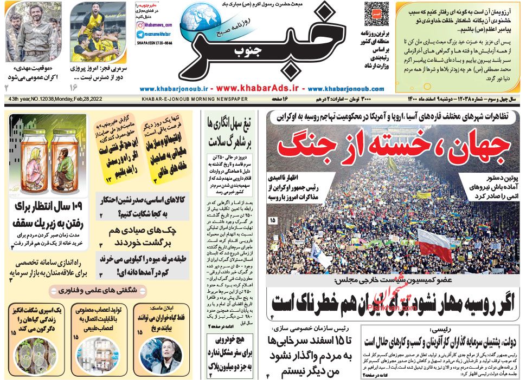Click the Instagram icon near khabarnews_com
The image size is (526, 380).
140,25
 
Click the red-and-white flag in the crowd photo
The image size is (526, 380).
433,244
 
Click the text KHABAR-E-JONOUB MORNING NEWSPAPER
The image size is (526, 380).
194,100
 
